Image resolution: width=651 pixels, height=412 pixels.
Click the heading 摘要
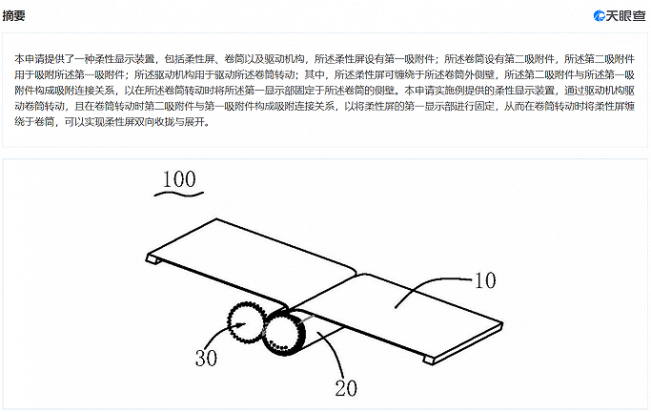click(13, 16)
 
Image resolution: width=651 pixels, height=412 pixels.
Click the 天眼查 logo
click(620, 16)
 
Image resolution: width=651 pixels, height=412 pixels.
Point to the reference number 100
click(179, 179)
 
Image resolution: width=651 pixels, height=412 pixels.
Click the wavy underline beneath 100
click(179, 193)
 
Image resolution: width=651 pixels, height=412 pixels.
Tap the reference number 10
click(485, 280)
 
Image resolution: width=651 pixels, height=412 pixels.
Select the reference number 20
click(346, 388)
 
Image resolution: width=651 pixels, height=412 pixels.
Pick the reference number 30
click(206, 358)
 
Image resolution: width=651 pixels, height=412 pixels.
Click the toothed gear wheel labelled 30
click(246, 322)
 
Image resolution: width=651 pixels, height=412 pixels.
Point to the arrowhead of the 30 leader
click(242, 324)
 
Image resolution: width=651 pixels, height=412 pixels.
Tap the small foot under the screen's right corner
click(428, 360)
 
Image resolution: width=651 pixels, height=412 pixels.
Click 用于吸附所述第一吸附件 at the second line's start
click(70, 74)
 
